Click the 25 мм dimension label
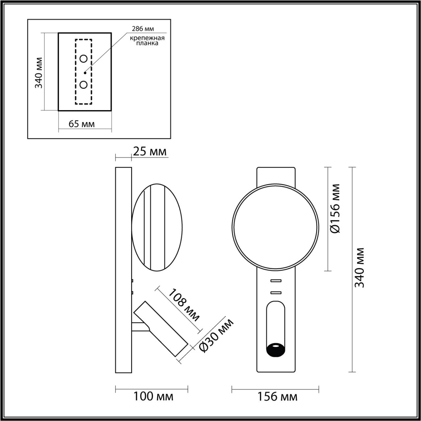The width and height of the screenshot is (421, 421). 150,152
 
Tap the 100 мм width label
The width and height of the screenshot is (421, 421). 153,397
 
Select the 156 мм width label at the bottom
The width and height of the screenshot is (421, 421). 277,397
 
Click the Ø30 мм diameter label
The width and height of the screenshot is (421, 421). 217,335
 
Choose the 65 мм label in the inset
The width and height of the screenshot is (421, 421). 82,124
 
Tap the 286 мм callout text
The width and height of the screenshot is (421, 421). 143,29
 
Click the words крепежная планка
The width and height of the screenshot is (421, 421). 147,40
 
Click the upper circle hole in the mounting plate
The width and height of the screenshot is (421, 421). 84,59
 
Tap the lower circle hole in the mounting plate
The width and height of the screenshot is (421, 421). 84,85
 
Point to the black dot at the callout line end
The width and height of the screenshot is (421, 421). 85,72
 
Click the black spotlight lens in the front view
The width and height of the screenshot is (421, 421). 276,349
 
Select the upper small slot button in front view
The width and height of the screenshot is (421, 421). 276,281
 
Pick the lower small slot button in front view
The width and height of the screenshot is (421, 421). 276,292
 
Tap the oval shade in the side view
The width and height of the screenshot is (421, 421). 157,227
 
